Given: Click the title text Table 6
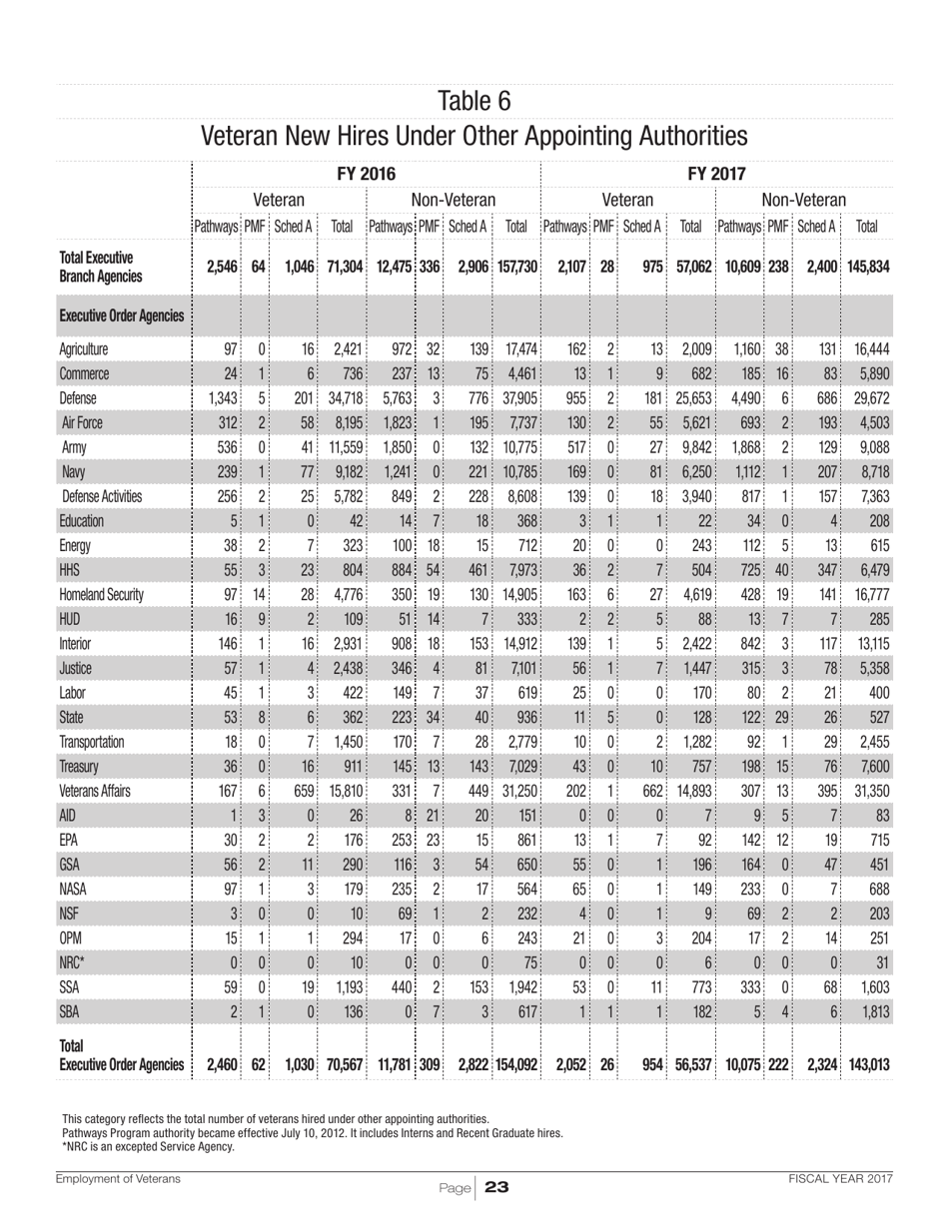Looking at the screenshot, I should coord(474,101).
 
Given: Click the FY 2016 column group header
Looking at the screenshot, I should coord(366,175).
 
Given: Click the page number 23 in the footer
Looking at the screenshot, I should coord(496,1187).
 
